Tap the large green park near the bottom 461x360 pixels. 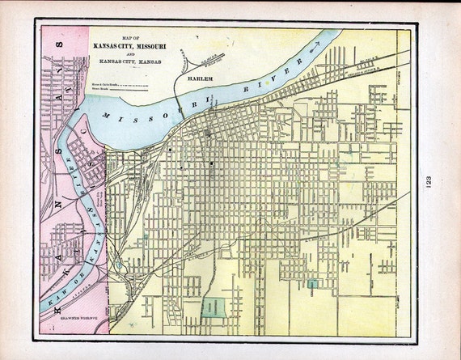pyautogui.click(x=212, y=307)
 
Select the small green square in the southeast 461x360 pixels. pyautogui.click(x=312, y=284)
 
